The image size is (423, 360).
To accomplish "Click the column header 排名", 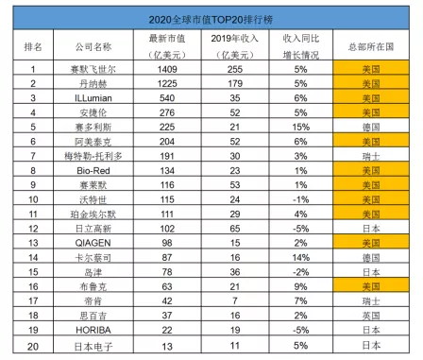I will click(33, 45).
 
